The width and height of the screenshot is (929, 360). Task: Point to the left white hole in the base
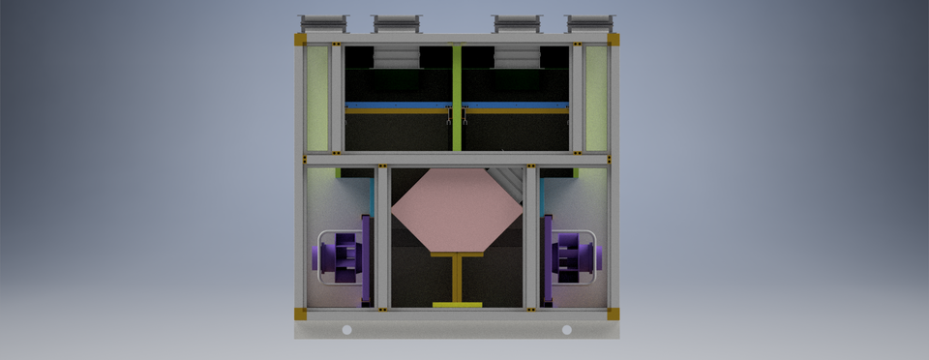(346, 330)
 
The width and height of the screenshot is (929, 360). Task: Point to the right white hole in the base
(566, 330)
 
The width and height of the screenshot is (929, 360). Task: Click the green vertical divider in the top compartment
(457, 97)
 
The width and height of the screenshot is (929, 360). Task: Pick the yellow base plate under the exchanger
(457, 305)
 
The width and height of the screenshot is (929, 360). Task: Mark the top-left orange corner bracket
(300, 40)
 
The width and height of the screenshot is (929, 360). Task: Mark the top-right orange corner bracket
(613, 40)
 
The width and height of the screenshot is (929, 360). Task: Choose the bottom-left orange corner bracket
(300, 313)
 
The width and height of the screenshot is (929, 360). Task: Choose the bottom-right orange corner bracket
(613, 313)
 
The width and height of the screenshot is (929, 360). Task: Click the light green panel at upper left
(316, 97)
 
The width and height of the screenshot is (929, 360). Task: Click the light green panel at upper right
(596, 97)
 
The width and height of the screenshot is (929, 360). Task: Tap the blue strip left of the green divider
(397, 105)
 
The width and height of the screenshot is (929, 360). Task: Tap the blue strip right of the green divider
(516, 105)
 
